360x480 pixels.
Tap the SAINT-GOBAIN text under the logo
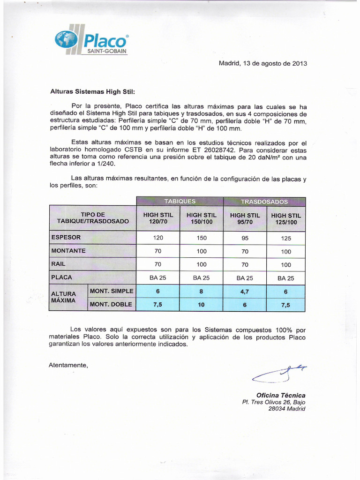pyautogui.click(x=104, y=51)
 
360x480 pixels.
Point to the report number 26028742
pyautogui.click(x=220, y=150)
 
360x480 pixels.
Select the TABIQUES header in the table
pyautogui.click(x=180, y=201)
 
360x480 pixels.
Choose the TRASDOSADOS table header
pyautogui.click(x=264, y=202)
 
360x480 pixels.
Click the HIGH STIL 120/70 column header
pyautogui.click(x=158, y=218)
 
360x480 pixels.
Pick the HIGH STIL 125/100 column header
pyautogui.click(x=286, y=219)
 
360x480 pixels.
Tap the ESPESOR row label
pyautogui.click(x=66, y=237)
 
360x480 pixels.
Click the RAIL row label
pyautogui.click(x=59, y=264)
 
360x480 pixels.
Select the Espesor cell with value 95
pyautogui.click(x=245, y=238)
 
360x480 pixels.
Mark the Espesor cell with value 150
pyautogui.click(x=202, y=238)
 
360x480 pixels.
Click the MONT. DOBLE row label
pyautogui.click(x=111, y=304)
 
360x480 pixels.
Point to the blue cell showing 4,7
pyautogui.click(x=245, y=291)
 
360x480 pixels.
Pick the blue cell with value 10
pyautogui.click(x=202, y=305)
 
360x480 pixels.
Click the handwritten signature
pyautogui.click(x=279, y=373)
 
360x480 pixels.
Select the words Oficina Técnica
pyautogui.click(x=280, y=395)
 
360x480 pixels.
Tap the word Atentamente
pyautogui.click(x=68, y=365)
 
